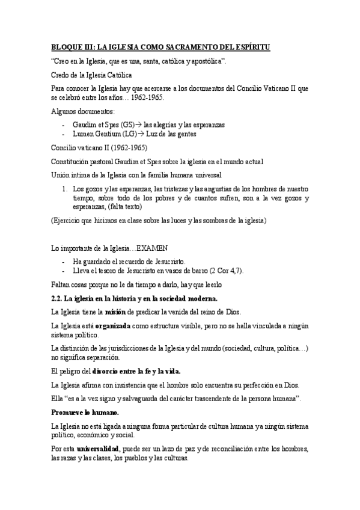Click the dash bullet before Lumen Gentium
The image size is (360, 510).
pos(64,134)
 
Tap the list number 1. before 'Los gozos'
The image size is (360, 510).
pos(66,188)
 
